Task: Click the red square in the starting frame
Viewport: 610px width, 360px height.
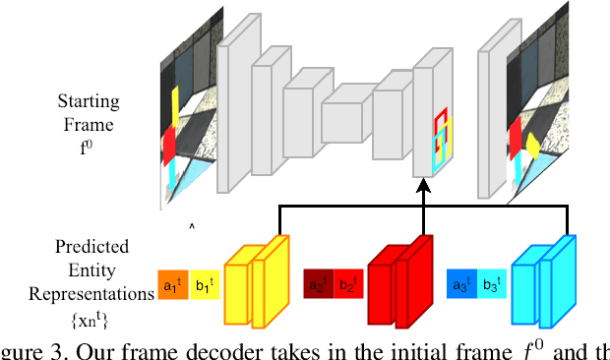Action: (168, 146)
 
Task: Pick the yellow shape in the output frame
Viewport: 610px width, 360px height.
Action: (532, 147)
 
